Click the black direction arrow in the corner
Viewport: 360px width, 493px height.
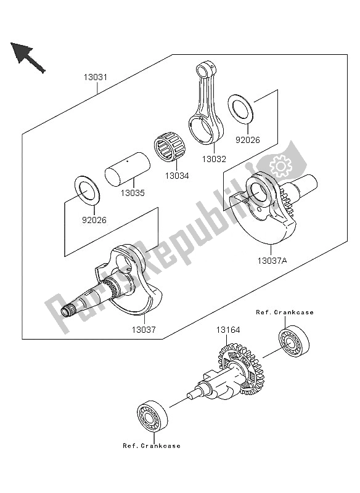pyautogui.click(x=28, y=57)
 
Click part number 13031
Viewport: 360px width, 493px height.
pyautogui.click(x=96, y=77)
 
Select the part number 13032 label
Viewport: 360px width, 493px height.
pyautogui.click(x=214, y=159)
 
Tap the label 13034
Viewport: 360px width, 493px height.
pyautogui.click(x=177, y=176)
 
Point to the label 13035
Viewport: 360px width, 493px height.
pyautogui.click(x=133, y=193)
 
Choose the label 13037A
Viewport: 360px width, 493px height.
pyautogui.click(x=272, y=261)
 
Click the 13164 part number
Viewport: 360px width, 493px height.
pyautogui.click(x=228, y=330)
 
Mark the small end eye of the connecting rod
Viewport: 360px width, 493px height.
pyautogui.click(x=206, y=68)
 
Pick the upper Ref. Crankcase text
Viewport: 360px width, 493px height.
pyautogui.click(x=285, y=312)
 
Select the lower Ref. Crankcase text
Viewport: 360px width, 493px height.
pyautogui.click(x=152, y=446)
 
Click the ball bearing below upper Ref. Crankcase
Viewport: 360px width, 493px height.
pyautogui.click(x=293, y=341)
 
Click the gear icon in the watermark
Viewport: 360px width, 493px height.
pyautogui.click(x=280, y=166)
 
